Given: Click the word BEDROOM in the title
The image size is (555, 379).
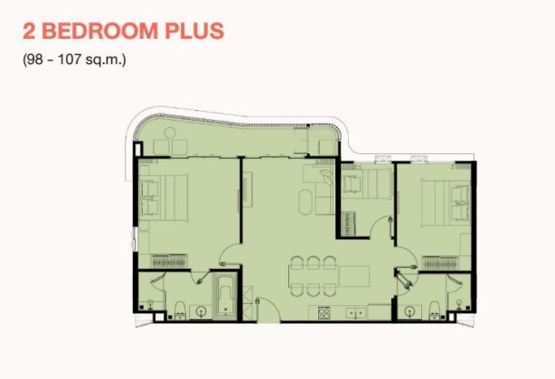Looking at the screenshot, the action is pos(99,31).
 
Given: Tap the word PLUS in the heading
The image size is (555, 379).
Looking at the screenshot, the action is pos(194,31).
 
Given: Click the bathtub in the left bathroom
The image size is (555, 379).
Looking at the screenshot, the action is pos(225,295).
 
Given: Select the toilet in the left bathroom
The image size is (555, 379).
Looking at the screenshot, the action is pos(180,310).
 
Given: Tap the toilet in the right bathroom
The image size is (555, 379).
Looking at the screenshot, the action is pos(434,310).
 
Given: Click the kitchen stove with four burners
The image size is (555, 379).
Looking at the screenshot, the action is pos(324,312).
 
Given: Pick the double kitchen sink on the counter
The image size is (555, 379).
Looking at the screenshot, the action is pos(356,313).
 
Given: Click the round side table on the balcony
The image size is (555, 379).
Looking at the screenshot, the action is pos(170,133).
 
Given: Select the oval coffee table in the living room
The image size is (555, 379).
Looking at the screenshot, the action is pos(306,202).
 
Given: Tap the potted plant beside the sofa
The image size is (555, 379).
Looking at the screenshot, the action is pos(326,177).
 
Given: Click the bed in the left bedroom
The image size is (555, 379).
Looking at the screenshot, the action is pos(164,197).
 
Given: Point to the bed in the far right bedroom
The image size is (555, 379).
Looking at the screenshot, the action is pos(446,203).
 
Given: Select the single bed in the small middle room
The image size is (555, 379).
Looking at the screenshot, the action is pos(367,184).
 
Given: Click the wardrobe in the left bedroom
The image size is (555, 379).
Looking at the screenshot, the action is pos(169,262).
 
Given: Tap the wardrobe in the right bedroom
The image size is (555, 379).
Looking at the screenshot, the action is pos(440,263).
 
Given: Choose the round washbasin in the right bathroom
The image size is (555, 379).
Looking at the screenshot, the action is pos(409,311).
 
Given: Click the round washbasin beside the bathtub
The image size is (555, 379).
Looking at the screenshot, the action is pos(202,311).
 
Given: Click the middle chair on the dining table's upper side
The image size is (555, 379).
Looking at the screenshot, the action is pos(314,263).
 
